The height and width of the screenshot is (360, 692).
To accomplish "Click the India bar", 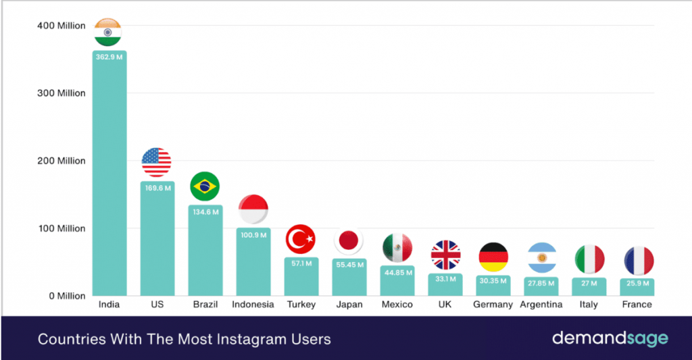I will click(109, 176).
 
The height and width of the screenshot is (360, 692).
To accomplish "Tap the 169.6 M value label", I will click(157, 188).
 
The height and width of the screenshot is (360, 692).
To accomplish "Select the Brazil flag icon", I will click(205, 186).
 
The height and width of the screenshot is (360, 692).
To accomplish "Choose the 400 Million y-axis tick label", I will click(61, 26).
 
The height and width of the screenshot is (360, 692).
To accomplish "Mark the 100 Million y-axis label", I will click(61, 228).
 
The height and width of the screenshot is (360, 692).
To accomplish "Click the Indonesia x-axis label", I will click(253, 305).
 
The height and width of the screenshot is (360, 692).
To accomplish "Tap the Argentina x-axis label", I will click(541, 305).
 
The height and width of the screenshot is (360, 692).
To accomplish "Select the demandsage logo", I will click(610, 338).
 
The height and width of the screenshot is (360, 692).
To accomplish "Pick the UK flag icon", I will click(445, 255).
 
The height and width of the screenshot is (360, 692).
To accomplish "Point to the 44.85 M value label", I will click(397, 272).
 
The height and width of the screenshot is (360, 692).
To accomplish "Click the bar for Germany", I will click(493, 286).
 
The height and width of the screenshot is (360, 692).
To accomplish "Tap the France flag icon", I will click(637, 261).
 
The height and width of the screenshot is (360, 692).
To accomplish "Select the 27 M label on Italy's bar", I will click(589, 284).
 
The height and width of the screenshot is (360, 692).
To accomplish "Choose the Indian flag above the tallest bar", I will click(109, 32).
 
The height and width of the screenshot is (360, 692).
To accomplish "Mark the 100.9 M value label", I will click(253, 234).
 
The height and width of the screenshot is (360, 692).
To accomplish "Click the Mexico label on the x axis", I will click(397, 305).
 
